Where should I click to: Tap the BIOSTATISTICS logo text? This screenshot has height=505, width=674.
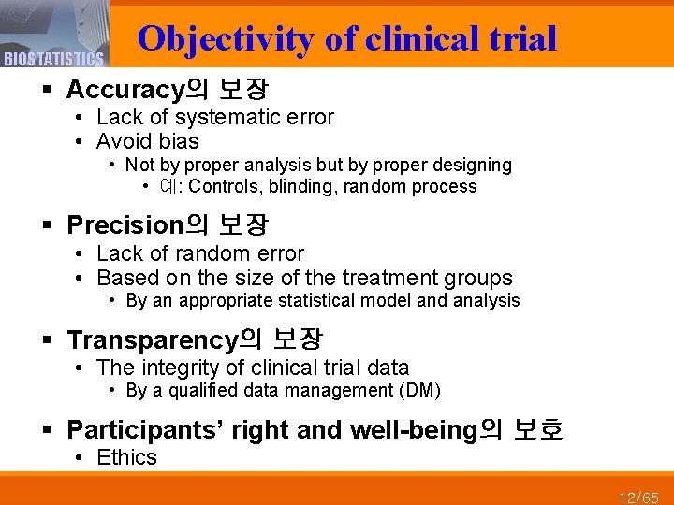pos(53,60)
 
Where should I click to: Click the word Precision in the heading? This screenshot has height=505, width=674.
pos(123,225)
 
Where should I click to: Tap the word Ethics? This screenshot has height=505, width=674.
pos(126,457)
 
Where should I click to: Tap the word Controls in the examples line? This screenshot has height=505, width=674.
pos(225,186)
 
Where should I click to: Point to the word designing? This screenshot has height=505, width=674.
pos(470,165)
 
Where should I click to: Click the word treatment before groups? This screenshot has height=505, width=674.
pos(394,278)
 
